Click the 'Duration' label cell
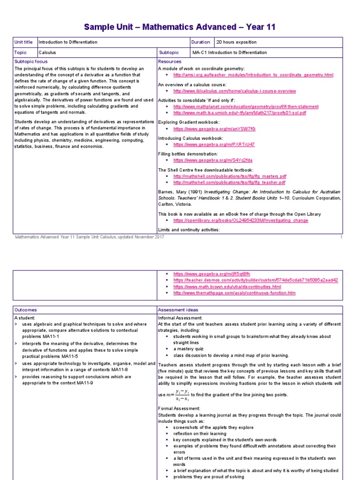201,42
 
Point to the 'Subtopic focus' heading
31,61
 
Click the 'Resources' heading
170,61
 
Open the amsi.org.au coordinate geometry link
253,75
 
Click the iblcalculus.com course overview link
234,91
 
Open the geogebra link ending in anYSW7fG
214,128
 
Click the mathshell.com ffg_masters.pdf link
229,176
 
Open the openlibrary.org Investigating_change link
240,220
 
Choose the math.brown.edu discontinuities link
227,286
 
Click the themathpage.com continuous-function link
234,293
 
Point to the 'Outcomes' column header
26,310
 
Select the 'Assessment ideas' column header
178,310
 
